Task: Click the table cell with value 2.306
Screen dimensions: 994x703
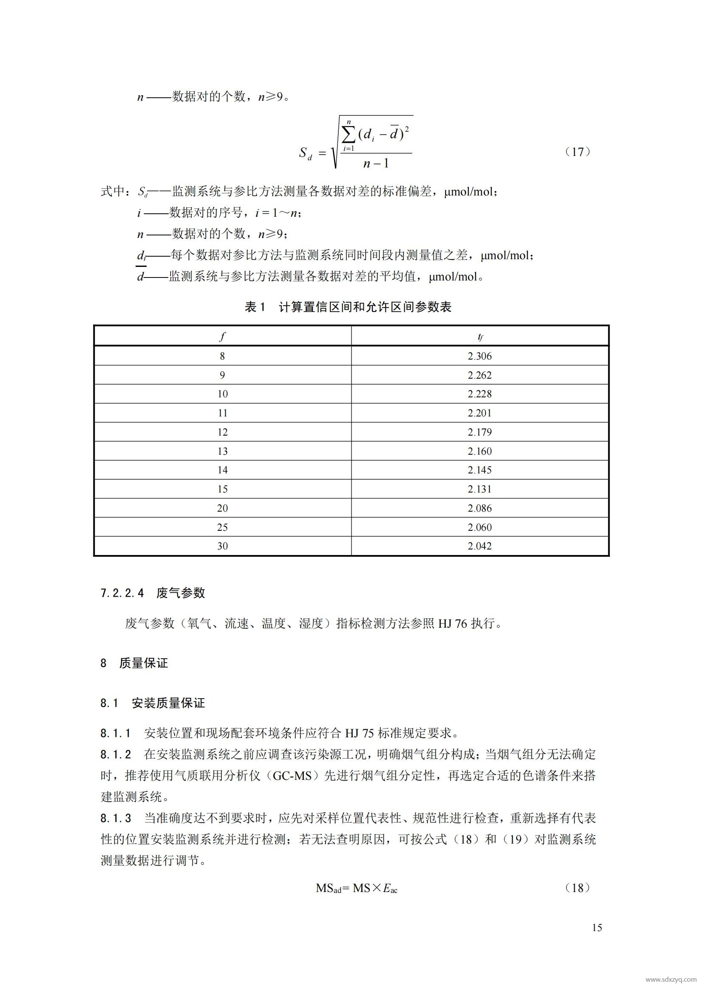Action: point(479,356)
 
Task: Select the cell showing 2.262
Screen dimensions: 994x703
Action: point(479,375)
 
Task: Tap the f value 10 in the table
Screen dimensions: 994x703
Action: point(222,394)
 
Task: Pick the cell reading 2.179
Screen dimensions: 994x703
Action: point(479,432)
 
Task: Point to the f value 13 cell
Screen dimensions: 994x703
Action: point(222,451)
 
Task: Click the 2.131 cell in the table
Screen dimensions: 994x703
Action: point(479,489)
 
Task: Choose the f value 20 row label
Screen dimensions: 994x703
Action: point(222,508)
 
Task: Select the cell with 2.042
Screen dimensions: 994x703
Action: point(479,546)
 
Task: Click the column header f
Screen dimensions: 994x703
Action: point(222,337)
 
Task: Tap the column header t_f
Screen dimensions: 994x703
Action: point(480,337)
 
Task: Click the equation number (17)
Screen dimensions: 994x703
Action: point(578,152)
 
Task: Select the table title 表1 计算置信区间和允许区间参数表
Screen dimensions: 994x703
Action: point(348,307)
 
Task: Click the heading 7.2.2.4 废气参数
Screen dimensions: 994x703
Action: point(153,593)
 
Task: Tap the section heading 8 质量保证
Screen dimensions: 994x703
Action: point(134,663)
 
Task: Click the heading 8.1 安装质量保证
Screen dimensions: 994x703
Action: point(153,703)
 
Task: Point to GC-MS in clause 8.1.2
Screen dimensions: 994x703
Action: point(292,776)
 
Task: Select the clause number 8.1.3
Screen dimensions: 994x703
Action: point(116,818)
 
